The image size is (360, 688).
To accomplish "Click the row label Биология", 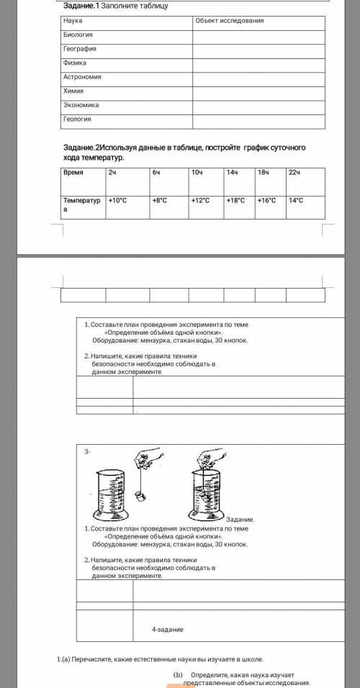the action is (78, 35).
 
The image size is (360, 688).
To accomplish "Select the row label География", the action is (79, 49).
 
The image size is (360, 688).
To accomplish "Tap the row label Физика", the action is (75, 63).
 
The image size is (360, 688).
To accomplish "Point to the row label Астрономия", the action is (82, 77).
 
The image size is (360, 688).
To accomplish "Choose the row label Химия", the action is (73, 91).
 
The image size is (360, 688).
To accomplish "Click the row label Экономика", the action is (81, 105).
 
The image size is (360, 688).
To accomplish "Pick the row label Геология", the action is (77, 119).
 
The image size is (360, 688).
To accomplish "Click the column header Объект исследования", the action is (229, 21).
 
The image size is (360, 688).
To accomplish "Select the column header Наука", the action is (73, 21).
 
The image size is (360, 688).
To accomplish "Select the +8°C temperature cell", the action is (160, 201).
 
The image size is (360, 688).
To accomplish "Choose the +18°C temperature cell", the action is (235, 201).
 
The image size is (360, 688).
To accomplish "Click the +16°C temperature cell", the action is (266, 201).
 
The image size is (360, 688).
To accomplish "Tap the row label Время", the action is (73, 173).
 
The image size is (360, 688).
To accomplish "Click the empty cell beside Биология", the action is (258, 37).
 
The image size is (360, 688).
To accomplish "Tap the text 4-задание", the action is (167, 629).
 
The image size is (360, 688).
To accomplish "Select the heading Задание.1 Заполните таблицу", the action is (116, 6).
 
